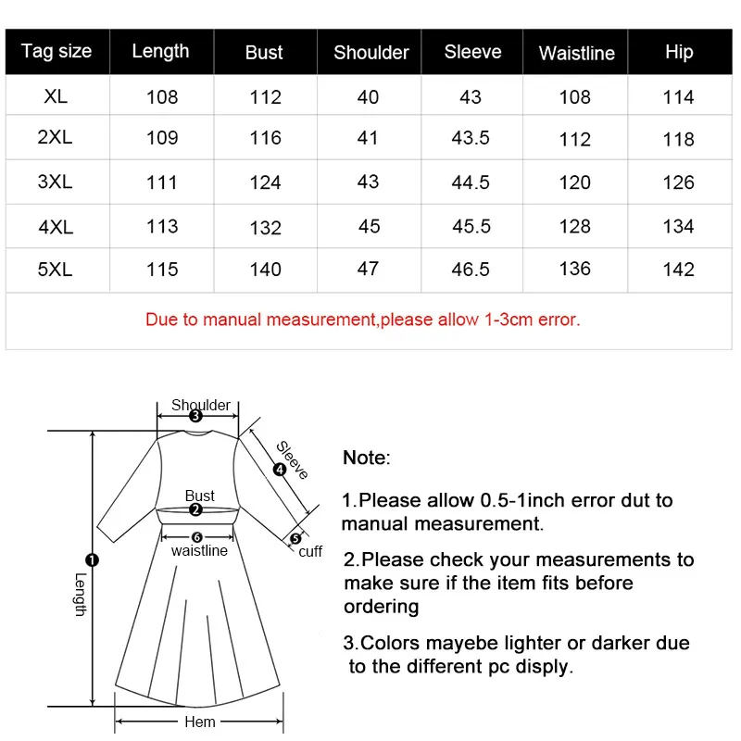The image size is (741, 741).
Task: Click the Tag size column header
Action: click(57, 52)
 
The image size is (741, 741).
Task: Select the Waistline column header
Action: click(576, 54)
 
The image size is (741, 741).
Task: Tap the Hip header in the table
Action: click(679, 52)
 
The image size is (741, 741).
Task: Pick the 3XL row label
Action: click(56, 182)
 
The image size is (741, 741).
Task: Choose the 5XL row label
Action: click(56, 269)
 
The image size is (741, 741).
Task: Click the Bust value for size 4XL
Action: click(265, 227)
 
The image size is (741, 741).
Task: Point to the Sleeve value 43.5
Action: click(471, 138)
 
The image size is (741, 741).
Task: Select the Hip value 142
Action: click(678, 270)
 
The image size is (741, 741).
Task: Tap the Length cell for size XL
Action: click(161, 96)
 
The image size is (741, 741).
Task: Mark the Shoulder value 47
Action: click(368, 269)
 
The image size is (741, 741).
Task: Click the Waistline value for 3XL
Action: click(574, 182)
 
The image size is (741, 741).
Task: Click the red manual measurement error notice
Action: click(362, 320)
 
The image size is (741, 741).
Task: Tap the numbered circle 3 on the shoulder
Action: click(195, 417)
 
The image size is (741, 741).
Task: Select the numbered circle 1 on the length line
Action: click(92, 559)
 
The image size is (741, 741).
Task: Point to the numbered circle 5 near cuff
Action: click(295, 538)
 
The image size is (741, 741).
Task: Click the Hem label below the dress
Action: click(200, 722)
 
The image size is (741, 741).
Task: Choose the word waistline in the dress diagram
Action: click(199, 551)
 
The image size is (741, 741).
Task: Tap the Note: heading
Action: click(367, 458)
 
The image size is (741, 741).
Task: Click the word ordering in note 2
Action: click(381, 607)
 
